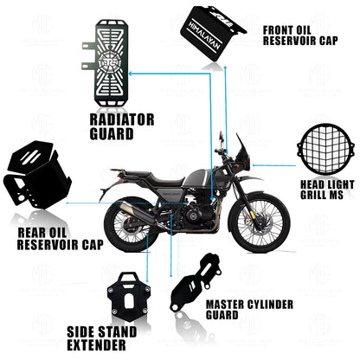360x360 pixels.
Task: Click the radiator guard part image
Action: click(x=110, y=62)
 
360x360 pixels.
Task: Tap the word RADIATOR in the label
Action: click(x=122, y=119)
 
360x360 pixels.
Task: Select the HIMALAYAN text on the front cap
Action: click(x=205, y=35)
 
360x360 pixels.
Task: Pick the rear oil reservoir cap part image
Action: click(x=36, y=174)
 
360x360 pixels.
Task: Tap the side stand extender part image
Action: click(x=129, y=292)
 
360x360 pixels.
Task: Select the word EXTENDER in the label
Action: click(x=96, y=344)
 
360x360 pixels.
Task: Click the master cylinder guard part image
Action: click(x=196, y=282)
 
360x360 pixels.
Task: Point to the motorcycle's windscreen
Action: click(x=241, y=149)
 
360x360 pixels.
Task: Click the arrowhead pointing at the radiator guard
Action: click(x=131, y=74)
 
